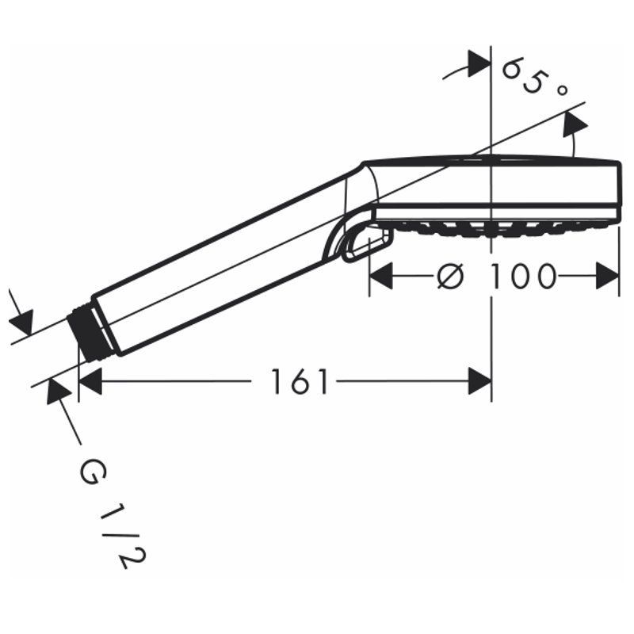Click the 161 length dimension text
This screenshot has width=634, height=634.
click(299, 381)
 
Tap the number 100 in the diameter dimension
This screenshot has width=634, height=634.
click(521, 277)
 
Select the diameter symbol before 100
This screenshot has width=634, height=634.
click(450, 276)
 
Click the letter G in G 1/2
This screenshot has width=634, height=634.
click(94, 471)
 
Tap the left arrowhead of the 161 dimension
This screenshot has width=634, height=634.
click(90, 381)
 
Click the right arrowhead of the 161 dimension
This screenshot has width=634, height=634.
click(480, 381)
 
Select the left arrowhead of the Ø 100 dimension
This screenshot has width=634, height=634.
click(381, 276)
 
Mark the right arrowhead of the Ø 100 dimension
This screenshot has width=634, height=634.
click(608, 276)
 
